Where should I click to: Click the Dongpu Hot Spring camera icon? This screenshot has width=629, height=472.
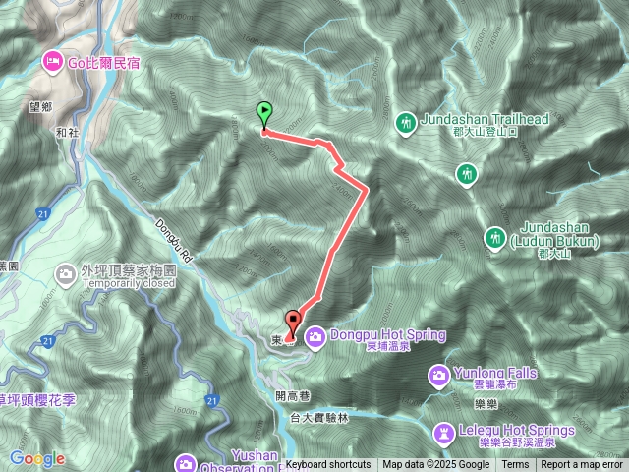click(x=315, y=337)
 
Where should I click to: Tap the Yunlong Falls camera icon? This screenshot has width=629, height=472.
click(x=439, y=375)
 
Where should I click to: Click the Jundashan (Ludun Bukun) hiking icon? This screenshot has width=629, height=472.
click(x=494, y=237)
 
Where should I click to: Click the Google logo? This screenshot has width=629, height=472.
click(x=37, y=459)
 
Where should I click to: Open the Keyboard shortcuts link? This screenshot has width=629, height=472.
click(x=328, y=465)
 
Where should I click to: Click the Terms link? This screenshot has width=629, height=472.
click(x=515, y=465)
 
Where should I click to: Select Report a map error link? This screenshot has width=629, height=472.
click(x=582, y=465)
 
